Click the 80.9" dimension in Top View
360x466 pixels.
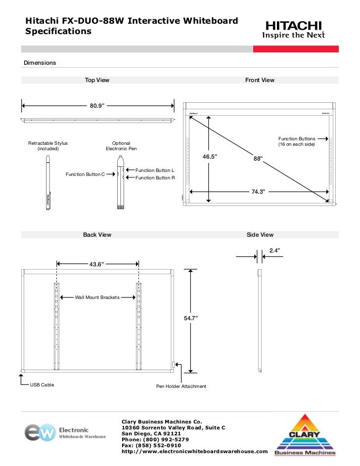coord(97,105)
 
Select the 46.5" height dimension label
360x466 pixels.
coord(210,157)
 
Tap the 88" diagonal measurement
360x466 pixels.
coord(258,159)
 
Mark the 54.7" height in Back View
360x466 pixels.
coord(191,319)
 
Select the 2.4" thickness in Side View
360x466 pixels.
coord(274,251)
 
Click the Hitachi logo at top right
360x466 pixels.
coord(294,30)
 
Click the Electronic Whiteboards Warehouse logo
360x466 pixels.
coord(65,433)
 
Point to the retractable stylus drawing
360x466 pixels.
coord(48,183)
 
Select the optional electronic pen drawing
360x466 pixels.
coord(120,183)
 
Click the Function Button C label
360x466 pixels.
coord(85,174)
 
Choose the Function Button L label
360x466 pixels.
coord(155,170)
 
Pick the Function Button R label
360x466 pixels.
coord(155,178)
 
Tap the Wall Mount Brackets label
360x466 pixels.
coord(97,297)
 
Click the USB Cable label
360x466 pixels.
coord(42,384)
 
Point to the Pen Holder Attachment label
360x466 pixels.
coord(181,386)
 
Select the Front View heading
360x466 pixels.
coord(260,80)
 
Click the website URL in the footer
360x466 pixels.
coord(194,452)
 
